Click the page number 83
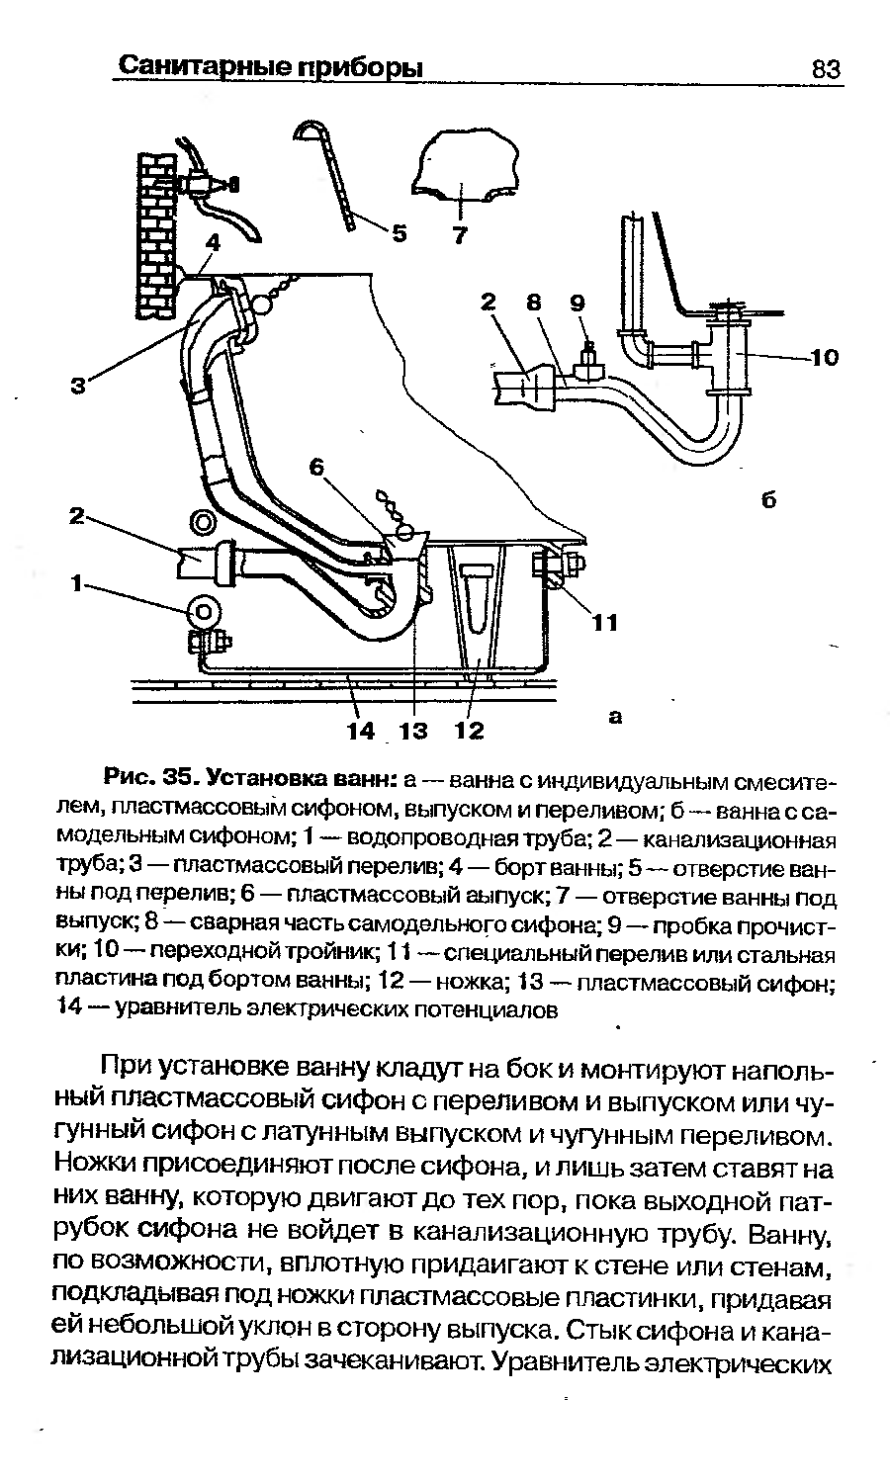(x=825, y=69)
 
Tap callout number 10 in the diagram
(x=823, y=357)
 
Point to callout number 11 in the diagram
(x=604, y=622)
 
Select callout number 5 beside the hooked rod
(x=400, y=233)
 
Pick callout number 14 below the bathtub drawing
(x=360, y=731)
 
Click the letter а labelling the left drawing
(x=616, y=718)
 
